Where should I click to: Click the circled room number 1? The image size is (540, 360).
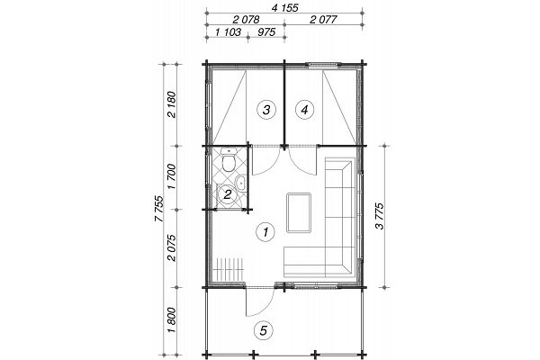265,232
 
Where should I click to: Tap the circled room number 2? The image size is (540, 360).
228,195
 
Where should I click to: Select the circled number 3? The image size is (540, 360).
266,110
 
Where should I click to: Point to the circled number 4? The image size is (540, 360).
304,110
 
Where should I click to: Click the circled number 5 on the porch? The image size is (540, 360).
263,331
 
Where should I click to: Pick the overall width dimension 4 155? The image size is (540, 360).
284,7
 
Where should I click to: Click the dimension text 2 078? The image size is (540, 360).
246,19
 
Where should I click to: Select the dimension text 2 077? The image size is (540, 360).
323,19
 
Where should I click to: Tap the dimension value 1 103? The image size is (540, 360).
228,32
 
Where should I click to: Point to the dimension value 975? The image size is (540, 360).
266,32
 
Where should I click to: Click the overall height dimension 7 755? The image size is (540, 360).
159,209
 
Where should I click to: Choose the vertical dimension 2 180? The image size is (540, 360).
172,104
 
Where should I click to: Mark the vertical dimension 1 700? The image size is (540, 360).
172,176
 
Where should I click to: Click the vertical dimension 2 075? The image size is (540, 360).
172,248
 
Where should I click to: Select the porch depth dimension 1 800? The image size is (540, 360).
172,320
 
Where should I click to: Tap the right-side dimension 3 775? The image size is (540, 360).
379,216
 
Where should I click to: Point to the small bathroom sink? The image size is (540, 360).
240,182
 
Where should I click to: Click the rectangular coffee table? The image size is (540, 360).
299,212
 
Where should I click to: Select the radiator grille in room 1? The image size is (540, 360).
229,269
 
